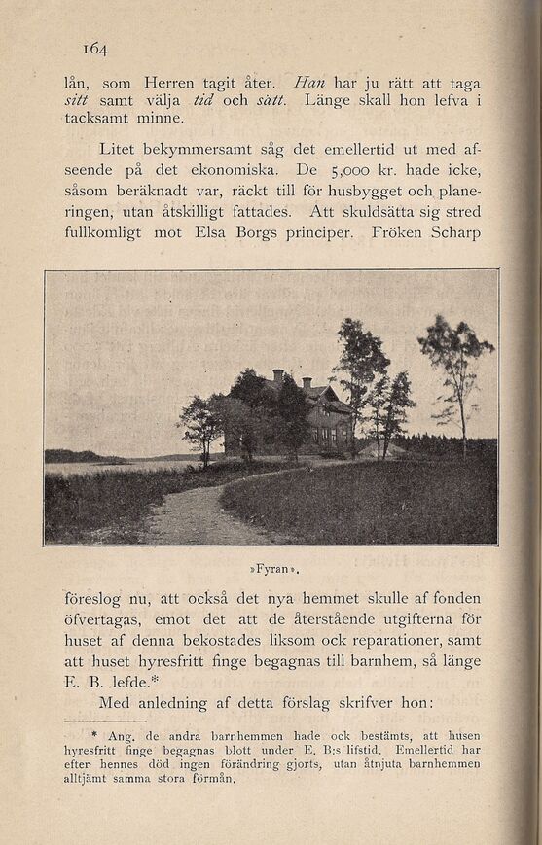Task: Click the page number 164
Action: [94, 48]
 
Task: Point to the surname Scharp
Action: [450, 233]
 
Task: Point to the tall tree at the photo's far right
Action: [455, 374]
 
